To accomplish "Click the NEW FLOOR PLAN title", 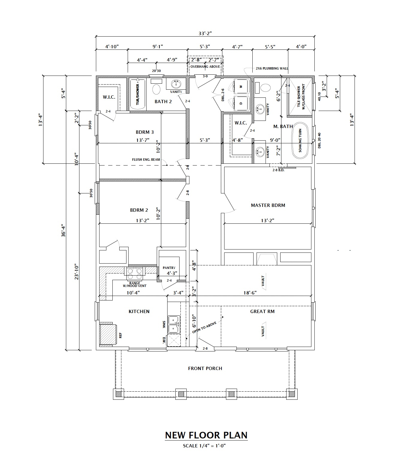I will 206,435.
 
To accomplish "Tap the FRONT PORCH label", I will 205,368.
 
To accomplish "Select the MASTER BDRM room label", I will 268,205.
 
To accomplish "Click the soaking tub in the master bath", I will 300,140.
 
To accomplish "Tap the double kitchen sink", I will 174,324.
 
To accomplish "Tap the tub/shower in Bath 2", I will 138,94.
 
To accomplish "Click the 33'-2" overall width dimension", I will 205,34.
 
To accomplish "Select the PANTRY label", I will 169,268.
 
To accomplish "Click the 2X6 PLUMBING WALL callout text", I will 272,68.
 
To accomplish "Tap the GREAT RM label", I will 262,312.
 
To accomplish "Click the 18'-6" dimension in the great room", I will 250,293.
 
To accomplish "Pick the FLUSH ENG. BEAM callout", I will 146,160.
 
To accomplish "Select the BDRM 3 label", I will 145,132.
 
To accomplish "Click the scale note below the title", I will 204,446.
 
